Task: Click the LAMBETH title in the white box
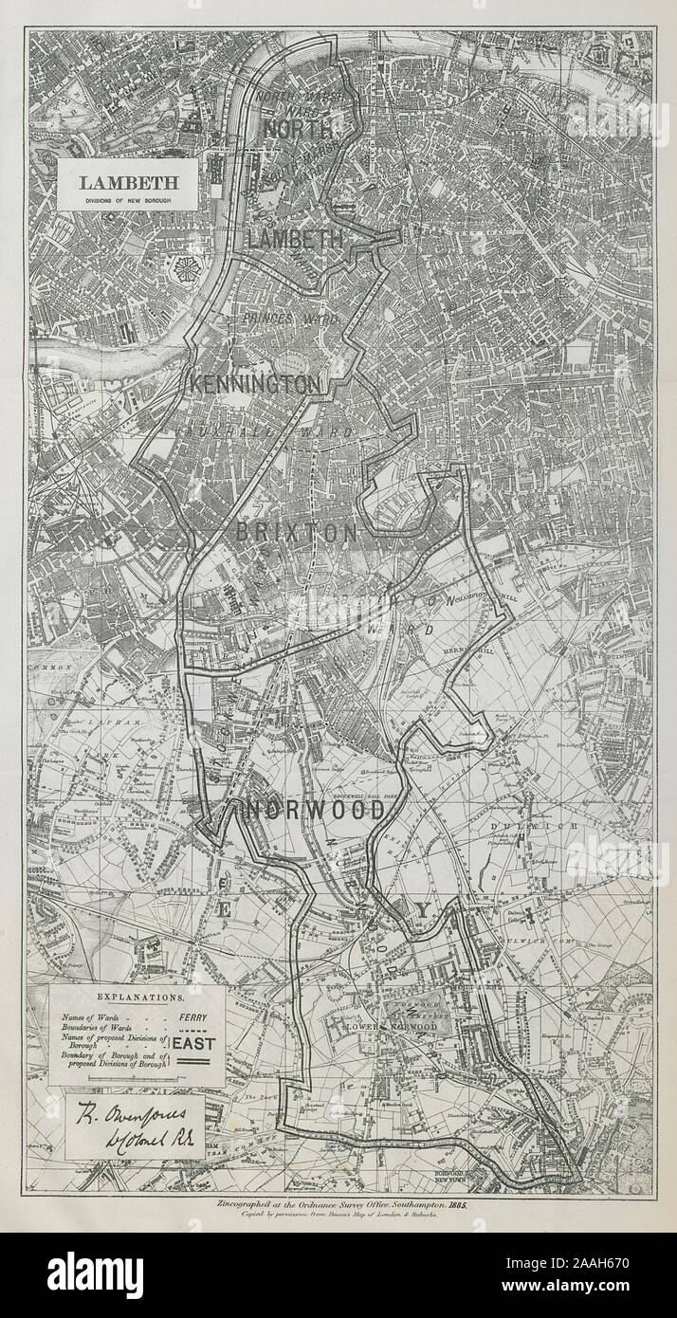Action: pos(126,182)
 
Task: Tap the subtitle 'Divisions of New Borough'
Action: pos(126,199)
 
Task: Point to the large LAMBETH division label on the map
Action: pos(295,239)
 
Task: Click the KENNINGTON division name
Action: pos(255,385)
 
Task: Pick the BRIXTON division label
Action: pos(297,534)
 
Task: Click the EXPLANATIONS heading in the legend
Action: pos(137,998)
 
